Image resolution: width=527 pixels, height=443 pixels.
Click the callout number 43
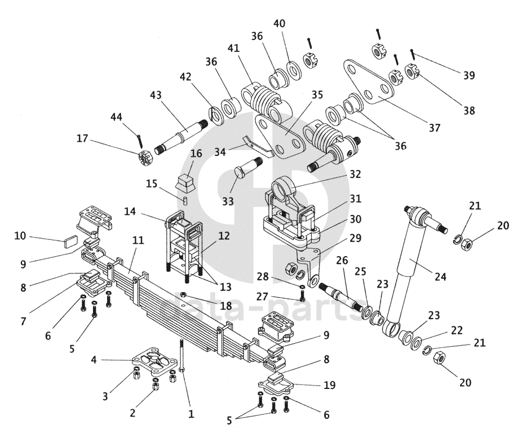point(157,96)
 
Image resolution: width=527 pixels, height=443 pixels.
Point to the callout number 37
point(433,127)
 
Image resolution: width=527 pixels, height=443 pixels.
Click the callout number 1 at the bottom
point(191,414)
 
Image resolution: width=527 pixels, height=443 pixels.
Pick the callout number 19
point(330,386)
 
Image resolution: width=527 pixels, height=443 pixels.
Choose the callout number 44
point(116,117)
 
